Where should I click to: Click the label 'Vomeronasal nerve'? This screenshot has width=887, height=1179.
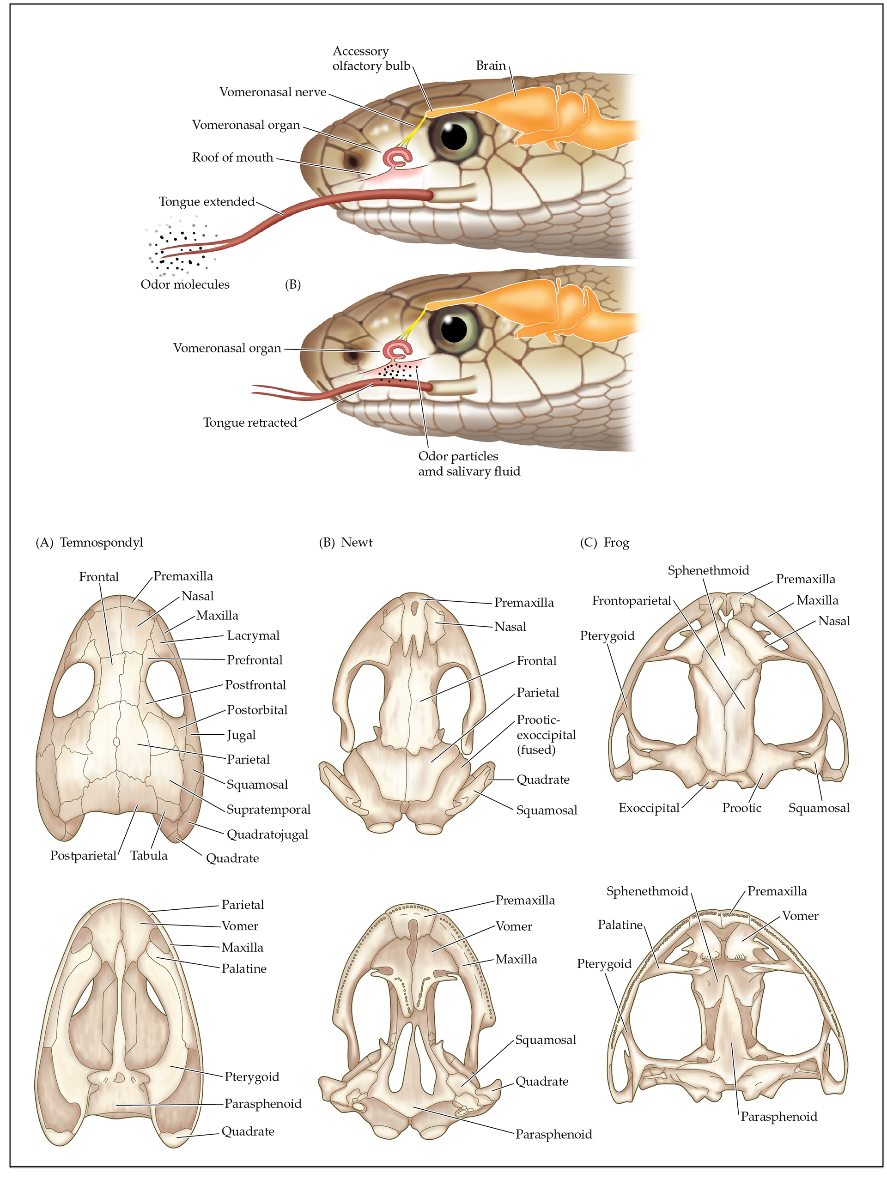coord(273,92)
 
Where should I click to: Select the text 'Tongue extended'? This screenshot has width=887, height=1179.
coord(207,202)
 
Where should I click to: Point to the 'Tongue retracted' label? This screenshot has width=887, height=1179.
coord(250,423)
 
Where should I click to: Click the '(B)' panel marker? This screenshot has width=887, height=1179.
coord(292,284)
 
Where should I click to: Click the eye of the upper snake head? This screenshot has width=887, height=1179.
coord(454,136)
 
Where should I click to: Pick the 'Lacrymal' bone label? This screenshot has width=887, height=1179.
coord(253,635)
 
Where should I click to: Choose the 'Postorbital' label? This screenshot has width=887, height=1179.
coord(257,710)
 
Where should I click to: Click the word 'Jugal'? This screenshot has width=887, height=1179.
coord(241,736)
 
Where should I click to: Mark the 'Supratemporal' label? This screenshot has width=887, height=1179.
coord(268,810)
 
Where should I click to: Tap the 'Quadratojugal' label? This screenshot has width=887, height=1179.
coord(267,834)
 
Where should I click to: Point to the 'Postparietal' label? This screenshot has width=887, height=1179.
coord(83,855)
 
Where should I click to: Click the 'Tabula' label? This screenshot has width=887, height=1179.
coord(149,855)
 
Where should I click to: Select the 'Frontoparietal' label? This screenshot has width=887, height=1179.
coord(631,601)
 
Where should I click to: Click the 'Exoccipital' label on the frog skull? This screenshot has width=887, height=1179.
coord(649,808)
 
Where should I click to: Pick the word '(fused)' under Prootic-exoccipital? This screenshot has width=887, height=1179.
coord(536,750)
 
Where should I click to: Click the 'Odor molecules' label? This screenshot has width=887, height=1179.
coord(187,284)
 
